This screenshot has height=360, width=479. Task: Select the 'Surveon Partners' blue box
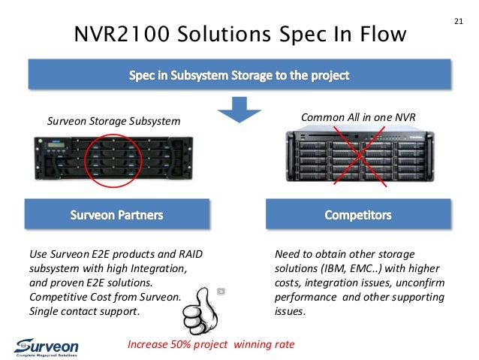[x=116, y=215]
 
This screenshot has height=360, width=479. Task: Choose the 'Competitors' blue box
[x=358, y=215]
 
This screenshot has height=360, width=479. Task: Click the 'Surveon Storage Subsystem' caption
[x=114, y=119]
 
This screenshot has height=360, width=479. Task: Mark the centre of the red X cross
[x=357, y=155]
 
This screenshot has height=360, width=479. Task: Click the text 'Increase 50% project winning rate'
[x=211, y=344]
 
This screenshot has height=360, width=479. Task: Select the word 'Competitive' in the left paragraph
[x=56, y=297]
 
